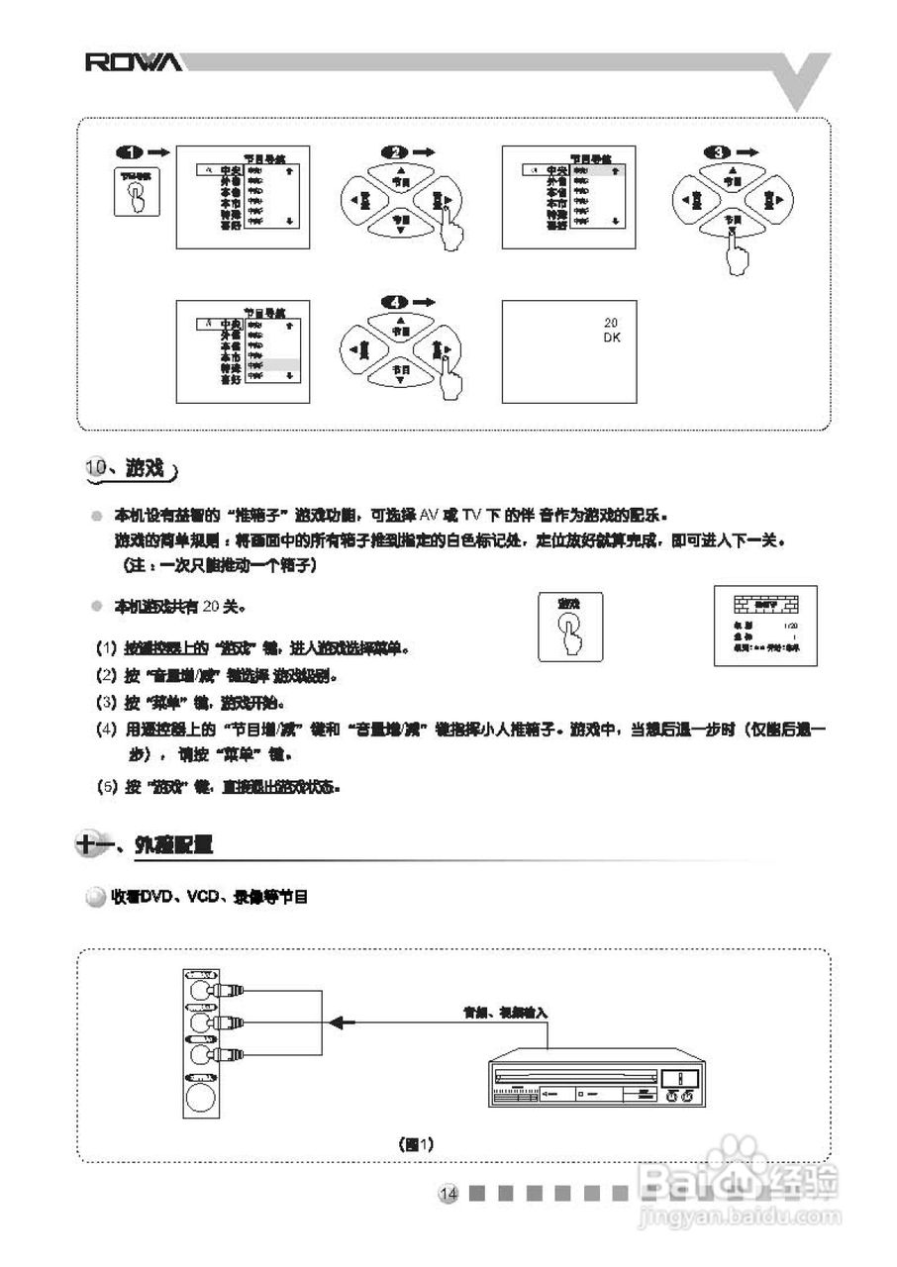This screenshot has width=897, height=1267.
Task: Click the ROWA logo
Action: point(133,63)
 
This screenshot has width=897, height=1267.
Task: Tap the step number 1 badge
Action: point(130,152)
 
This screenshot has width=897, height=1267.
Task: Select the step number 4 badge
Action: point(394,301)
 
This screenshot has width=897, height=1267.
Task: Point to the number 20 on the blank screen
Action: point(611,323)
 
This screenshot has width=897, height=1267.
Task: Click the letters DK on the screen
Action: point(611,338)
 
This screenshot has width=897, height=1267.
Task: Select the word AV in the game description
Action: point(429,516)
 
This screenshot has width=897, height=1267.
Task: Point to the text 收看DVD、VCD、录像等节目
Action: point(210,897)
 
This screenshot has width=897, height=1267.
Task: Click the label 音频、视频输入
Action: point(505,1013)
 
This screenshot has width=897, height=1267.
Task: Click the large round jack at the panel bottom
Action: point(201,1099)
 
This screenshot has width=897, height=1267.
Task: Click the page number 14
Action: point(449,1193)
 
